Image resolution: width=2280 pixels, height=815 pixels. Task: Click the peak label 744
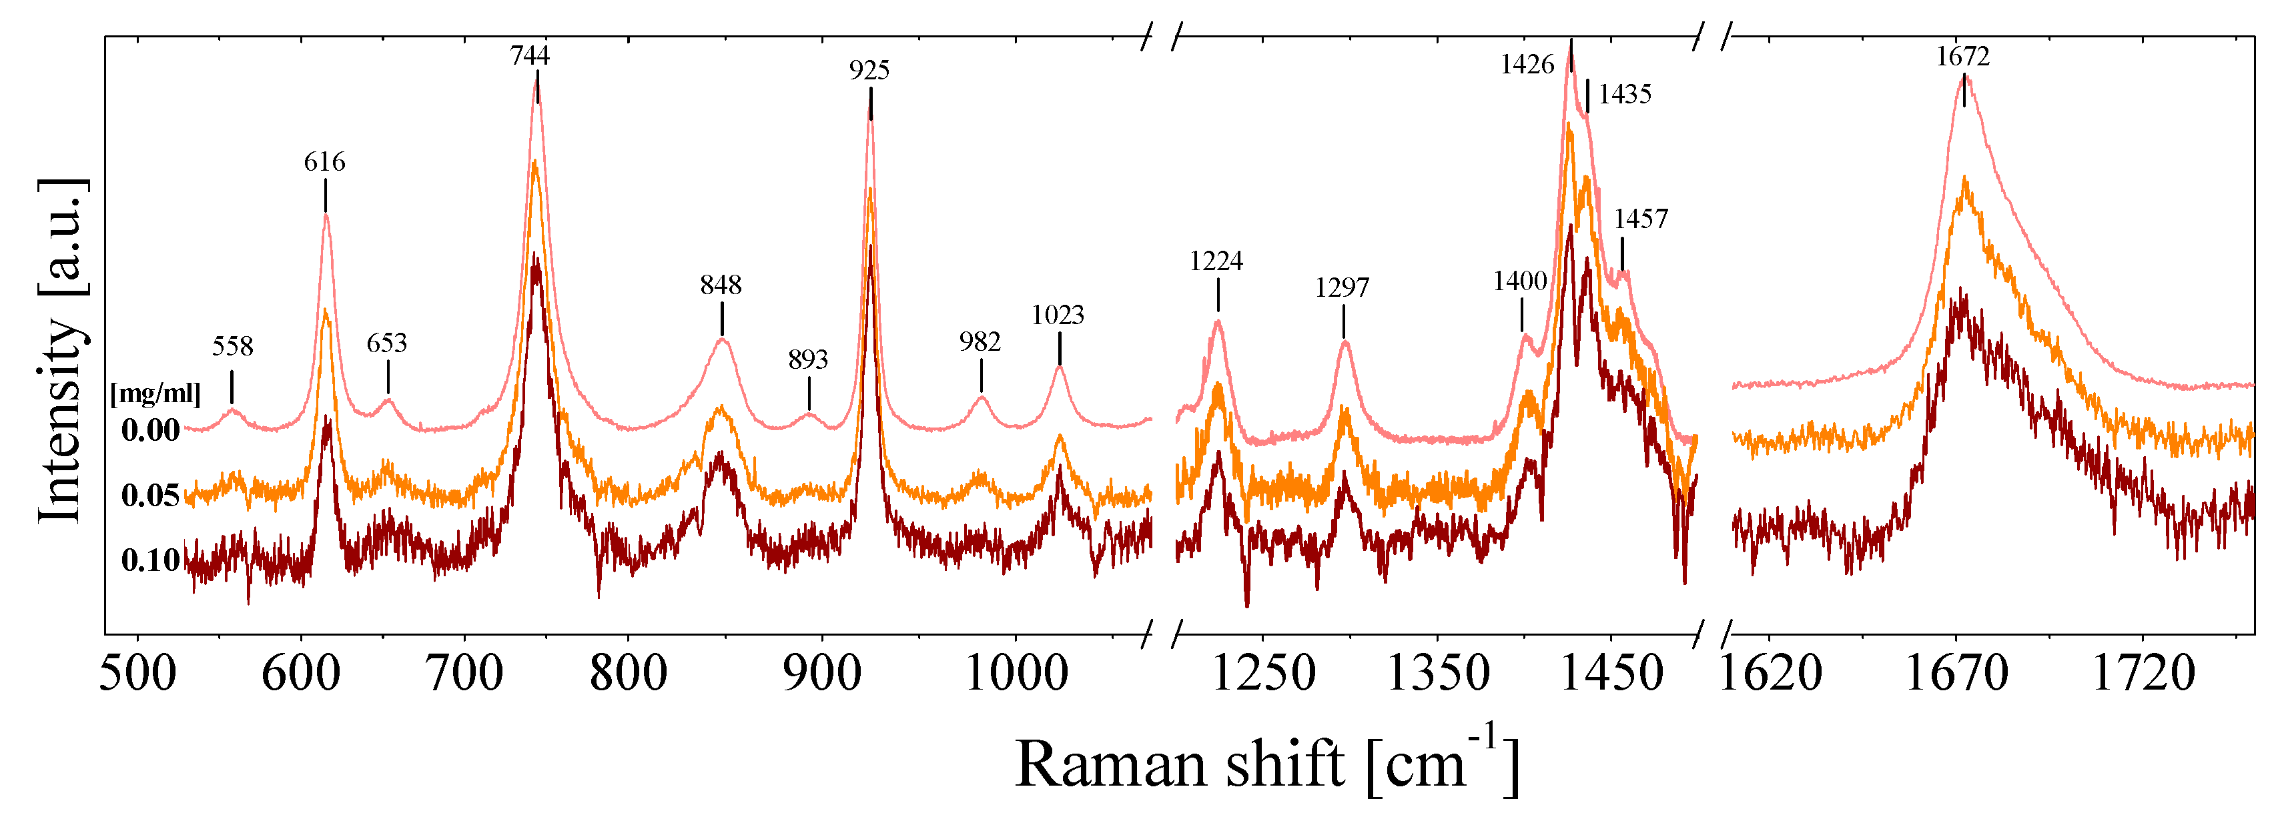[529, 56]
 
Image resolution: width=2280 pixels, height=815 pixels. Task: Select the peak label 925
[869, 70]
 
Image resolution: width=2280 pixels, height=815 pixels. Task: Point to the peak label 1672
[1962, 57]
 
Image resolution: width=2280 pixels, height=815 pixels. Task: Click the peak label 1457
[1640, 219]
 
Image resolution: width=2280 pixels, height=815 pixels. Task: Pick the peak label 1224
[1216, 261]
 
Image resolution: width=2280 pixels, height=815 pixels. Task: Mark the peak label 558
[232, 346]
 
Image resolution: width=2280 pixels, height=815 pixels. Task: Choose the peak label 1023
[1058, 315]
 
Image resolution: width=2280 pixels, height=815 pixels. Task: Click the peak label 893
[807, 359]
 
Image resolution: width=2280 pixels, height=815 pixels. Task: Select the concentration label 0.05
[151, 496]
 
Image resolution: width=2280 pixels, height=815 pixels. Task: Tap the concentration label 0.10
[151, 560]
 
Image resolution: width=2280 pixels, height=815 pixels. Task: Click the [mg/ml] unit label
[155, 393]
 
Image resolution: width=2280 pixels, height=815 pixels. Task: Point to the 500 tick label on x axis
[137, 674]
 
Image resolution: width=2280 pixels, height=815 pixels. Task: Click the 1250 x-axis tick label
[1263, 674]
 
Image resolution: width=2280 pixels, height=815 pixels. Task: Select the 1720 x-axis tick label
[2143, 674]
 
